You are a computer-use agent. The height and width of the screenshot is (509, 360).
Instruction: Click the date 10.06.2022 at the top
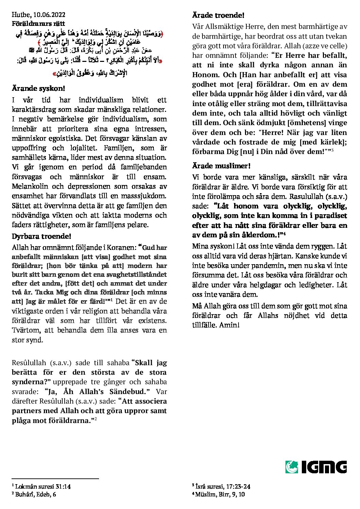point(49,15)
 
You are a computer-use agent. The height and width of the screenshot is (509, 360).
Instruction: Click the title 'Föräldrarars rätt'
point(38,24)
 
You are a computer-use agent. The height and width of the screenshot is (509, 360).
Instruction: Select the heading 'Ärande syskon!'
point(38,89)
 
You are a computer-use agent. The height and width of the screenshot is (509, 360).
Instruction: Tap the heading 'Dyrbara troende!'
point(41,236)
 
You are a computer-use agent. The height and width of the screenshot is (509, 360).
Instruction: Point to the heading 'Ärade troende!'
point(218,15)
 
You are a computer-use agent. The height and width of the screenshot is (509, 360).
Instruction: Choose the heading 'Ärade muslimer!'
point(221,166)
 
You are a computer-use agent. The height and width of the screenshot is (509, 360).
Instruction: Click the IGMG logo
point(316,466)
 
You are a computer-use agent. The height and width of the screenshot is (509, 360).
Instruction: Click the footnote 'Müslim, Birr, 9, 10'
point(220,494)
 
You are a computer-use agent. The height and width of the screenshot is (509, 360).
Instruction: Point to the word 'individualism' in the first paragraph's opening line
point(101,100)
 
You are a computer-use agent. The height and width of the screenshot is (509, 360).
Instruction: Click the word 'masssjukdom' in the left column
point(147,196)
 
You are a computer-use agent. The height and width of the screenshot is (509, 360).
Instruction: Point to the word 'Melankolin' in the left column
point(30,186)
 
